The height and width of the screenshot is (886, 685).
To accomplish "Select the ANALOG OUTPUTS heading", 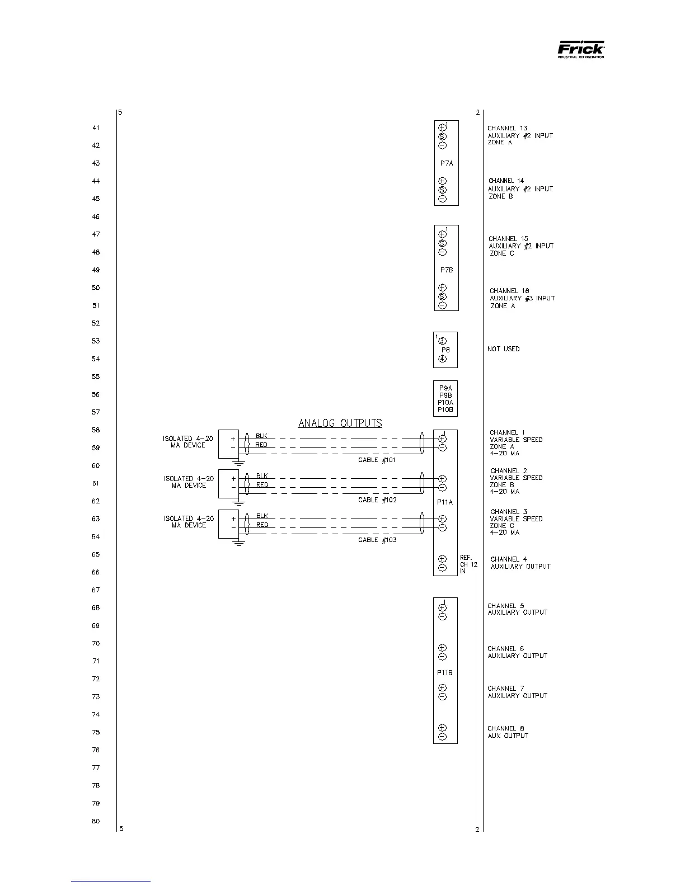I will click(x=340, y=423).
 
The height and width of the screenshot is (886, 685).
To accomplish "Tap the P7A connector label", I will click(x=446, y=163).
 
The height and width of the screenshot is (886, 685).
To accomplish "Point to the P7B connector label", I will click(x=446, y=270).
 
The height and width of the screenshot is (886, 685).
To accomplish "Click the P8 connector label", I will click(x=445, y=350).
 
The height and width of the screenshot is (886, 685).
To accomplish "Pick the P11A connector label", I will click(x=445, y=502).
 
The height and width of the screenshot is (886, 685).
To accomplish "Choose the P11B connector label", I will click(x=445, y=673).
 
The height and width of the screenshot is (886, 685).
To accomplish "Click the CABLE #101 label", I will click(x=377, y=460).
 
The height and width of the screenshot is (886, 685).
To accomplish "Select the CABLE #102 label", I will click(x=377, y=500).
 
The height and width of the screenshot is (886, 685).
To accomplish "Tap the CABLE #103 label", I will click(x=377, y=540).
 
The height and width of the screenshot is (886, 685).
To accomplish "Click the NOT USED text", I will click(x=503, y=349).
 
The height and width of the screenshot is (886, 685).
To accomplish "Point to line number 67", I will click(x=96, y=590).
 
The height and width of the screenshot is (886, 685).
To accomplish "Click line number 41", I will click(x=96, y=128).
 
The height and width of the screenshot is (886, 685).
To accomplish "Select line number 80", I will click(x=96, y=821).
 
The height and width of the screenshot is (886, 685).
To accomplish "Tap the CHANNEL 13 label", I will click(x=507, y=129).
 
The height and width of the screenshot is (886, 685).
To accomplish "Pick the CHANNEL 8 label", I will click(x=506, y=728).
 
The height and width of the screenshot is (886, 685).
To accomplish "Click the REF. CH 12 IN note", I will click(x=468, y=564).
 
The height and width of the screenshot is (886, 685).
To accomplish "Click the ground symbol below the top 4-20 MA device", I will click(x=239, y=463).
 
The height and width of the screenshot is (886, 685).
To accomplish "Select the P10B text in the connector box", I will click(x=445, y=410).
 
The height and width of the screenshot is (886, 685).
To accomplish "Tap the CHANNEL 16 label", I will click(x=509, y=291).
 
